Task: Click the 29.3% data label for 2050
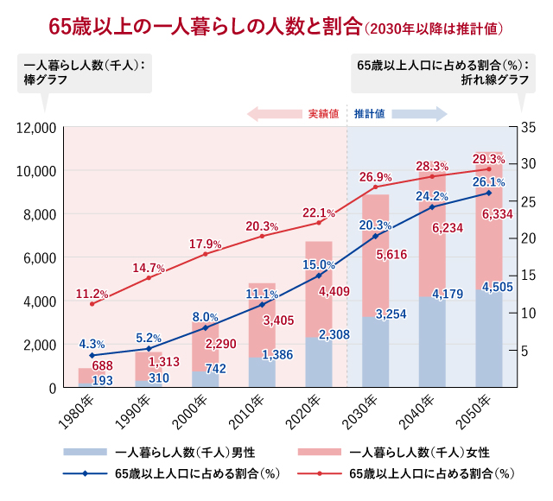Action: click(489, 159)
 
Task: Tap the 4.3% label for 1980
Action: click(92, 342)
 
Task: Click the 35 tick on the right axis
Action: click(529, 128)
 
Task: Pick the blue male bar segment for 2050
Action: click(489, 341)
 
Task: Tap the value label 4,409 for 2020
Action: click(334, 292)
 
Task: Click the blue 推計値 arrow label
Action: click(370, 113)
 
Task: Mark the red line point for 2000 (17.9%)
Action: click(206, 254)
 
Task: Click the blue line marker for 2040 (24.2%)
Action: click(432, 207)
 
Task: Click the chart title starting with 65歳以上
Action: click(276, 27)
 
